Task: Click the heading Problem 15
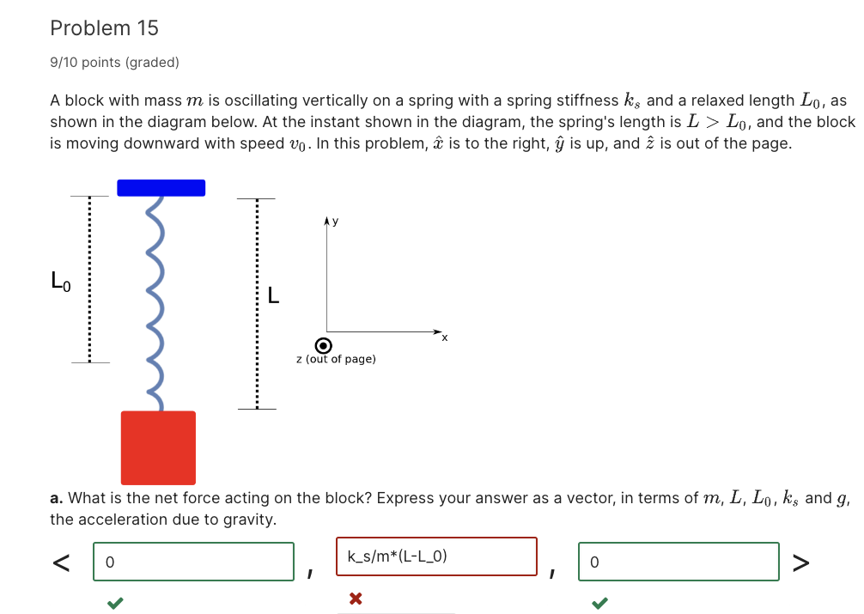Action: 104,28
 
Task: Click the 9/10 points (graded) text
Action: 114,62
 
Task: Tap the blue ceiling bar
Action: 161,188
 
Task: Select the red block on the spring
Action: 158,447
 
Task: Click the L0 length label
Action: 59,280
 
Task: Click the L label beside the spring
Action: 273,297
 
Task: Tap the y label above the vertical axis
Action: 335,222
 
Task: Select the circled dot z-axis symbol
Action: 324,345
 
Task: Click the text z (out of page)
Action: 335,359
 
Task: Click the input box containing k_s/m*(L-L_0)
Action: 436,556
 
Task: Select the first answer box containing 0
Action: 193,562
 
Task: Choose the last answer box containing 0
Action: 678,562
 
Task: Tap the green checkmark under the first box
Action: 113,604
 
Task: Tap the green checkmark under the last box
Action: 599,604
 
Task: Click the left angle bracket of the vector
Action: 60,562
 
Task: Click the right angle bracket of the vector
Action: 800,562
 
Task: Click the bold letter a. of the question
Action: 56,498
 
